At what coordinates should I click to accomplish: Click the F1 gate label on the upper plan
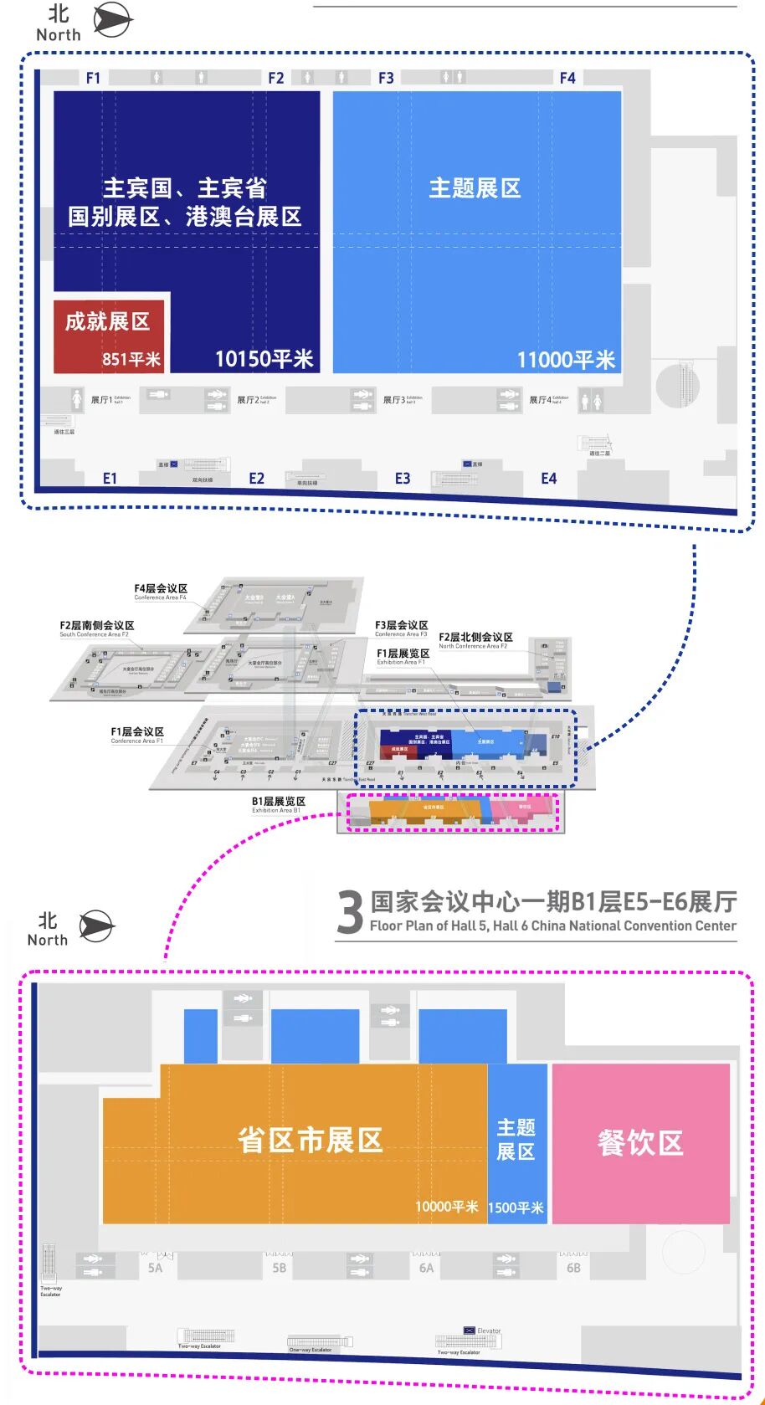click(x=93, y=78)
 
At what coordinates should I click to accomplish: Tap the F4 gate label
click(x=567, y=78)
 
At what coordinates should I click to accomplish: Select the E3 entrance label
click(x=403, y=479)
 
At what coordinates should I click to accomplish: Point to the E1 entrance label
click(x=110, y=479)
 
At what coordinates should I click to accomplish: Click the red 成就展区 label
click(x=107, y=321)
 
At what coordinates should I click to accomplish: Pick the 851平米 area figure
click(x=131, y=359)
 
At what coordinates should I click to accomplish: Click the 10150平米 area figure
click(x=264, y=359)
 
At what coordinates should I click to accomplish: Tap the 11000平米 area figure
click(x=566, y=360)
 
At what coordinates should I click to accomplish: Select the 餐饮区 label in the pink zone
click(x=640, y=1142)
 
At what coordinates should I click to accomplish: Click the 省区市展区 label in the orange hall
click(x=310, y=1140)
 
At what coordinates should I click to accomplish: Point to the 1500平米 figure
click(x=516, y=1208)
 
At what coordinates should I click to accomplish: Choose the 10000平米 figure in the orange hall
click(x=447, y=1207)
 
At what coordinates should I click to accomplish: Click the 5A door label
click(x=155, y=1268)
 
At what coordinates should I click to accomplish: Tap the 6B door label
click(x=573, y=1268)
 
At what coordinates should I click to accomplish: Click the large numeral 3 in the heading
click(x=350, y=912)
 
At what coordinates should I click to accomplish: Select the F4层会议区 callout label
click(x=161, y=589)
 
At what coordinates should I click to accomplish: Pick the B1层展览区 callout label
click(x=279, y=802)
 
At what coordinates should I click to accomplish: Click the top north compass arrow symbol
click(x=112, y=20)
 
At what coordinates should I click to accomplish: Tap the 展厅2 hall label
click(x=246, y=400)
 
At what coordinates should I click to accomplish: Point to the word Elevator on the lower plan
click(x=489, y=1331)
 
